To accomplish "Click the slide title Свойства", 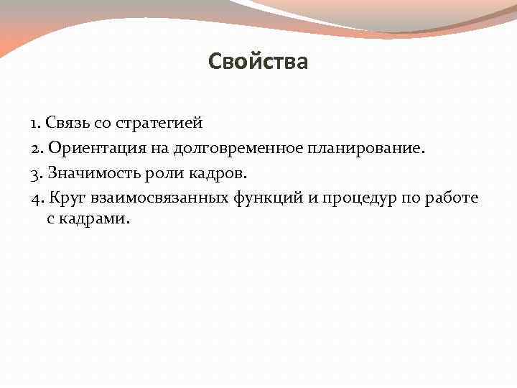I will (258, 62).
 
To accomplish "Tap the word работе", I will (450, 198).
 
